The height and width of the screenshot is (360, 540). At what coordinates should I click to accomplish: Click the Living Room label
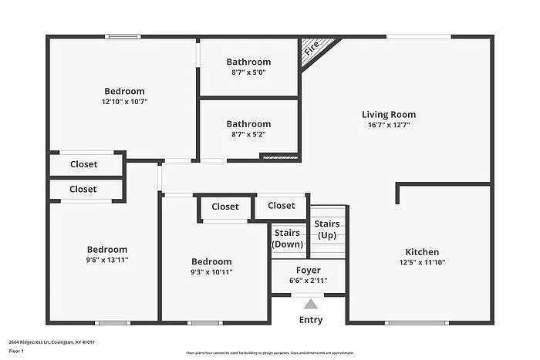point(389,115)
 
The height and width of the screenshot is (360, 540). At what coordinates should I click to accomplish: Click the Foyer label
point(309,271)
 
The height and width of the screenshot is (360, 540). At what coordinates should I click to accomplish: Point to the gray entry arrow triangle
point(310,304)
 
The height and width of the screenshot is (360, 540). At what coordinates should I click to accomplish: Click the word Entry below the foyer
point(310,320)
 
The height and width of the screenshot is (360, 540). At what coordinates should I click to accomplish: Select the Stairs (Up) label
point(327,229)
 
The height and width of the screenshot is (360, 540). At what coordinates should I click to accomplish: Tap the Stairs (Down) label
point(288,238)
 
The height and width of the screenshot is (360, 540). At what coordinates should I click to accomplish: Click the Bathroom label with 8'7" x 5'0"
point(248,62)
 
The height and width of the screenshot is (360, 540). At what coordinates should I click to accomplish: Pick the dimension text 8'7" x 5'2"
point(248,134)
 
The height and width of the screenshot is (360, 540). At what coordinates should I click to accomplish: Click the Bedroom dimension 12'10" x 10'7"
point(124,102)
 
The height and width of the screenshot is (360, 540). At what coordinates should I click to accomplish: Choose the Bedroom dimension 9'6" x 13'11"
point(106,261)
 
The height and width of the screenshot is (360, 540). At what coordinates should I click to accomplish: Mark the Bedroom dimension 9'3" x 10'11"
point(211,272)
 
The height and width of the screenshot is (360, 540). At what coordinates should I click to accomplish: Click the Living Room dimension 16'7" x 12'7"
point(389,126)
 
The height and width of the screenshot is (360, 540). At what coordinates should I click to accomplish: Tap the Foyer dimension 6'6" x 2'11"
point(309,281)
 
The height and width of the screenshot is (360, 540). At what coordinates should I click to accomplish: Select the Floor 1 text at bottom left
point(17,352)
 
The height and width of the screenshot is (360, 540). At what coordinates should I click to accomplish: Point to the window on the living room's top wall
point(418,36)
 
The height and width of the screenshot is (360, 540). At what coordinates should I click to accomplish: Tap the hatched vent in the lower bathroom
point(278,157)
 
